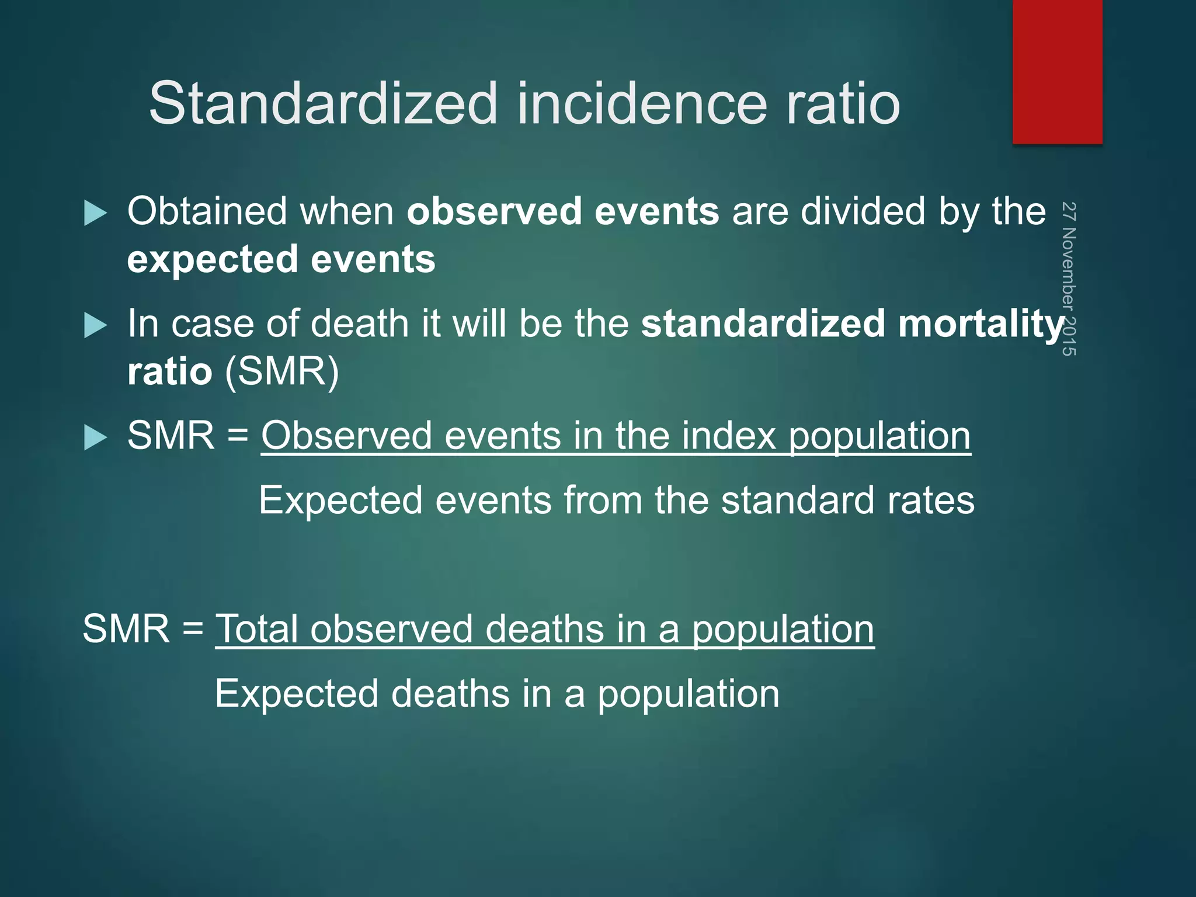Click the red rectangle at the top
click(x=1057, y=71)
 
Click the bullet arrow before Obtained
click(x=95, y=213)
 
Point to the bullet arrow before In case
click(x=95, y=325)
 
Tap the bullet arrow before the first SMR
click(x=95, y=437)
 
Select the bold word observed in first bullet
click(x=494, y=211)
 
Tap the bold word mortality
click(x=981, y=324)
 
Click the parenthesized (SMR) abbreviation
click(x=281, y=371)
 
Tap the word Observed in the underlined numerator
click(x=346, y=436)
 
